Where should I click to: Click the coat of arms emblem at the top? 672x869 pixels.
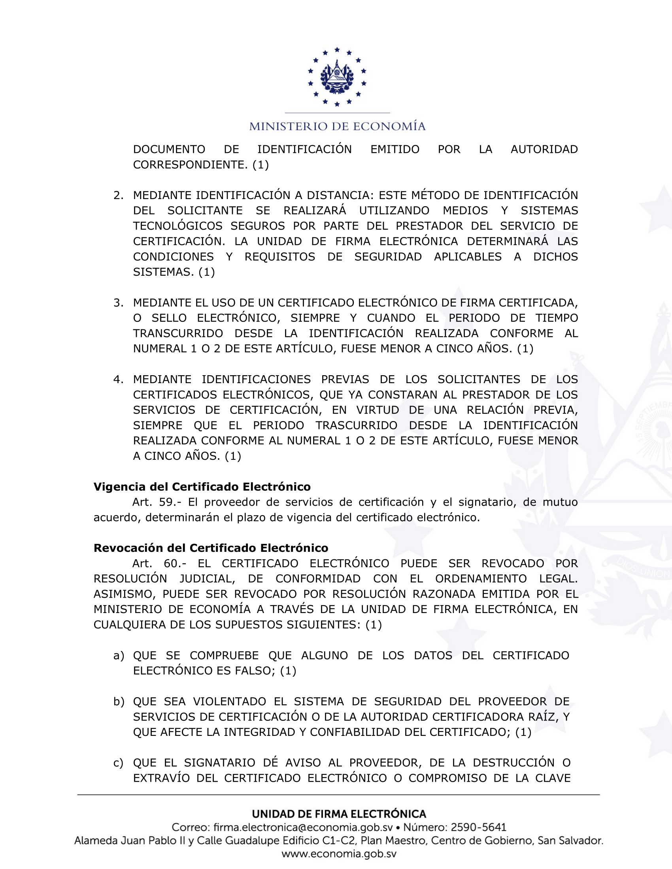pos(337,77)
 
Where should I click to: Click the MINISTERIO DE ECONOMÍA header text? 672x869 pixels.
pos(337,126)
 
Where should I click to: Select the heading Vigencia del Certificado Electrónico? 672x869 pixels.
pos(202,487)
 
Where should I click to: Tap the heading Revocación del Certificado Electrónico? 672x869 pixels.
pos(211,548)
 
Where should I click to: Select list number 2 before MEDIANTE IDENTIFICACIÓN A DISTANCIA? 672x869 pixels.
pos(118,196)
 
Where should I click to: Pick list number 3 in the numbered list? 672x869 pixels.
pos(118,303)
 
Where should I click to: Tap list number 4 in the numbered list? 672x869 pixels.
pos(118,379)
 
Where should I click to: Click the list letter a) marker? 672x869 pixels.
pos(119,655)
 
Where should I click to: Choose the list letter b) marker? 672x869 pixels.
pos(119,702)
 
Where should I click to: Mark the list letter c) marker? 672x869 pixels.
pos(118,763)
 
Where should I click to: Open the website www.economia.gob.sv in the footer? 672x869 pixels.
pos(339,854)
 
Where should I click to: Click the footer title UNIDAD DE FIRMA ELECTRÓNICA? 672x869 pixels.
pos(339,814)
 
